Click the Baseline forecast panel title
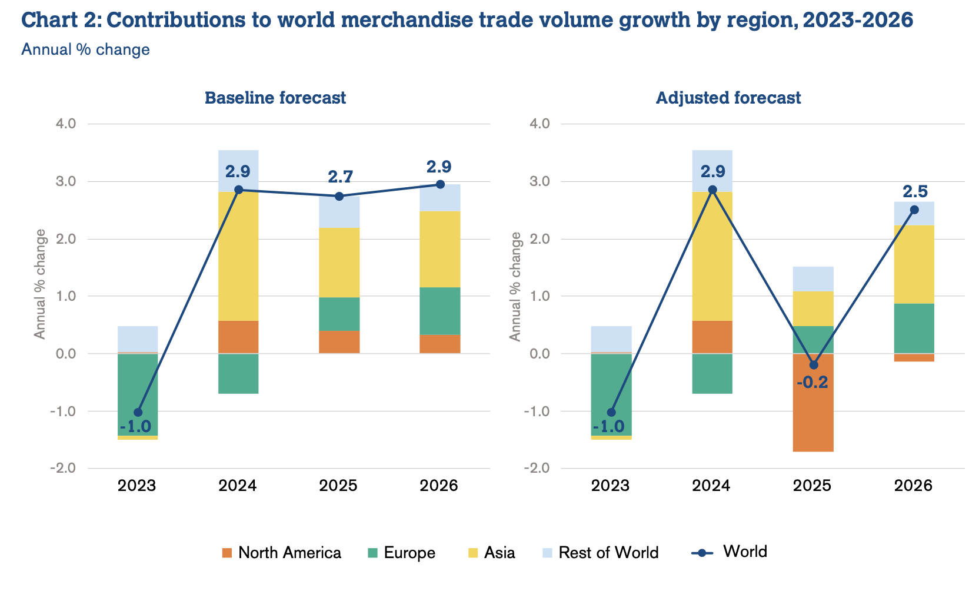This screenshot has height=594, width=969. tap(275, 98)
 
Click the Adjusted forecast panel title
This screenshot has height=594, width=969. tap(728, 98)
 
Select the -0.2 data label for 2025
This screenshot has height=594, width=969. tap(812, 383)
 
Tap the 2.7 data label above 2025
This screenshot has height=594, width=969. tap(339, 177)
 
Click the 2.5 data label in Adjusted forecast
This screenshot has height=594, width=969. tap(915, 192)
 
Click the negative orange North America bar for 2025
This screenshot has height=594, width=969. tap(813, 412)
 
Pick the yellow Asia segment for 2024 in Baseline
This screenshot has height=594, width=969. tap(238, 256)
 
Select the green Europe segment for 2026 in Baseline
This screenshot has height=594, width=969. tap(440, 311)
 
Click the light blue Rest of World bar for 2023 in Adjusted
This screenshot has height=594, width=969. tap(611, 339)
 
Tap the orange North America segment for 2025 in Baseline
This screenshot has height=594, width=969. tap(339, 341)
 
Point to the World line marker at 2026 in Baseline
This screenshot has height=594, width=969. tap(440, 184)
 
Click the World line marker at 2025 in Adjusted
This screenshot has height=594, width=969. tap(813, 365)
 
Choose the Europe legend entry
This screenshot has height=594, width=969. tap(401, 553)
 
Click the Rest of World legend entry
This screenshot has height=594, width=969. tap(600, 553)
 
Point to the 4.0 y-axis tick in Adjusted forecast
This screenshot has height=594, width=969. tap(540, 124)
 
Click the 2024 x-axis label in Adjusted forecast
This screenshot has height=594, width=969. tap(711, 486)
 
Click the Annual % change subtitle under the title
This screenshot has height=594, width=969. tap(85, 49)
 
